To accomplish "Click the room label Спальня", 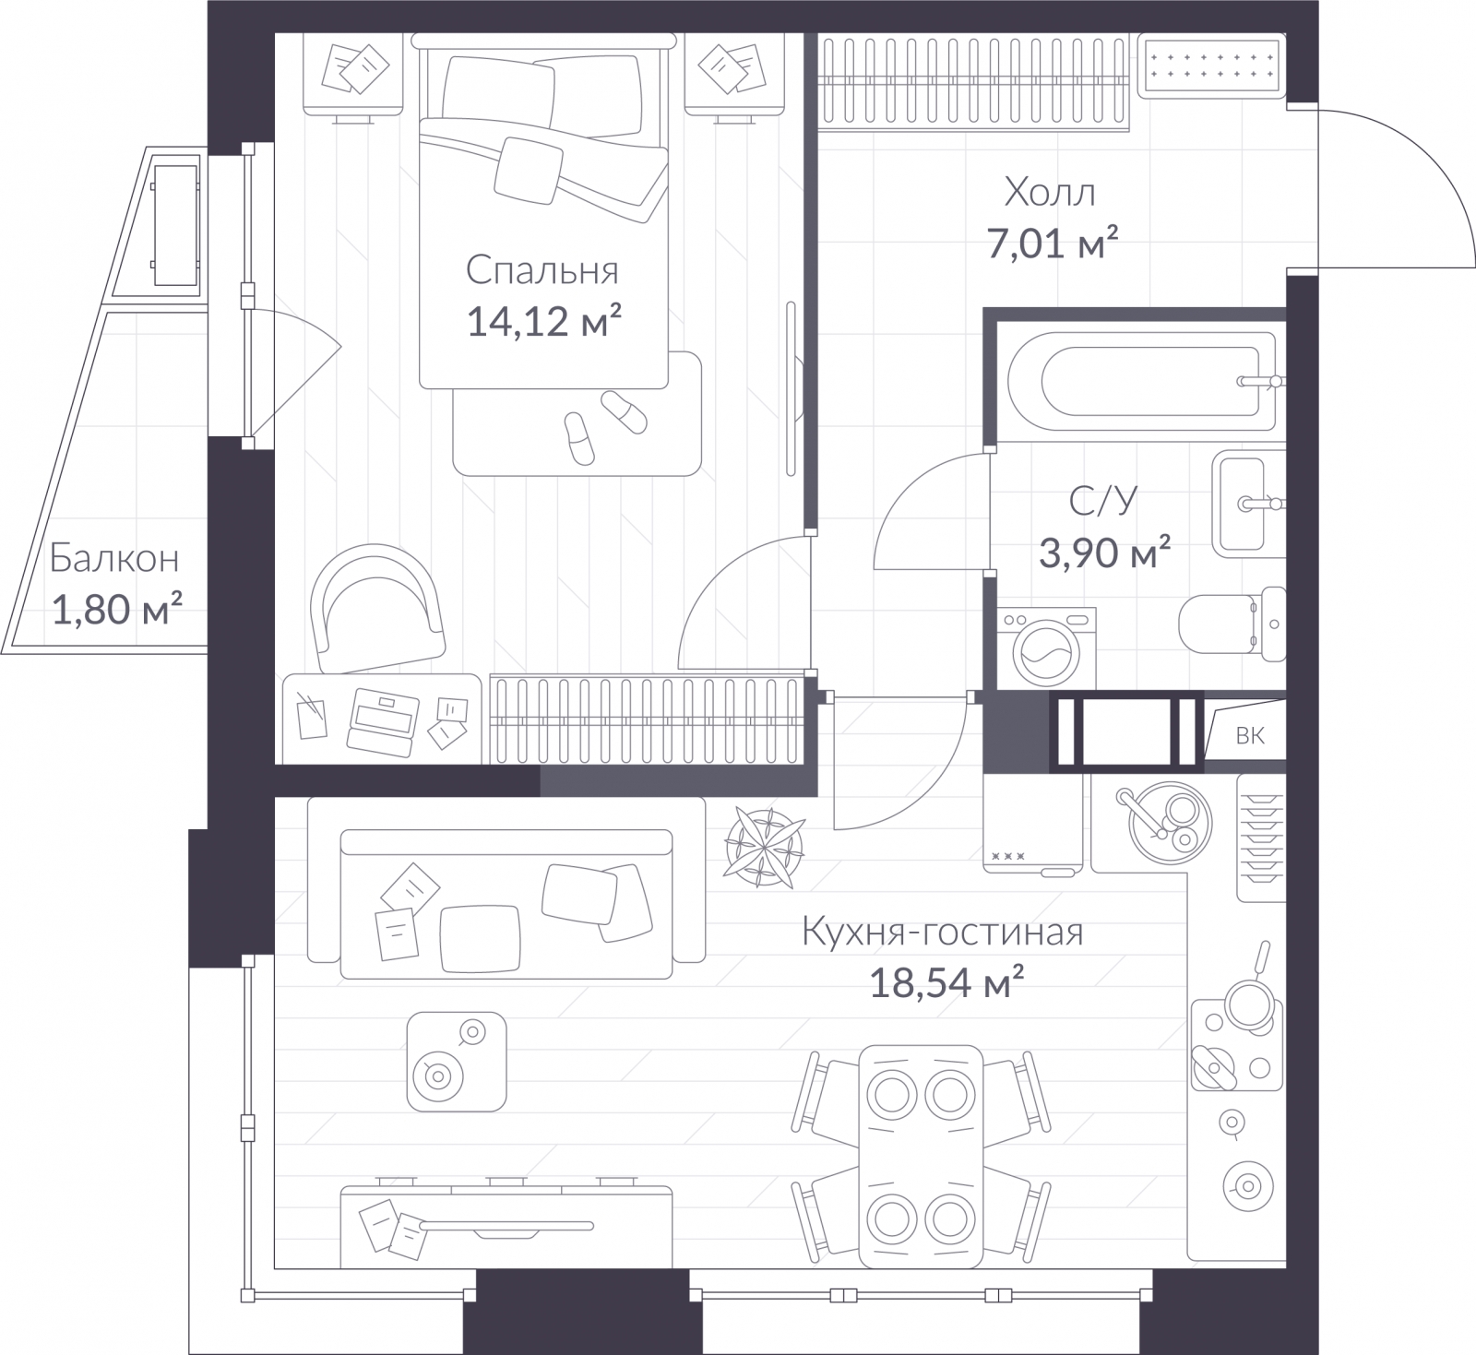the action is (x=542, y=270).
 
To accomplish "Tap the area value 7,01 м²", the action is (x=1053, y=244).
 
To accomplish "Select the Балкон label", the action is (x=114, y=559).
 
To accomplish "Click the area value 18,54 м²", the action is (x=946, y=983).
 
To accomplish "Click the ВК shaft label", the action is (x=1250, y=735).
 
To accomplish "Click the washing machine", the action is (x=1046, y=648).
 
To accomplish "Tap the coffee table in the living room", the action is (x=457, y=1061).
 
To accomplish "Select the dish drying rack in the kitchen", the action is (x=1260, y=837).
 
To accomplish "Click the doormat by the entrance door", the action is (x=1210, y=65).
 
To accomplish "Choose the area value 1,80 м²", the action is (x=116, y=610).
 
